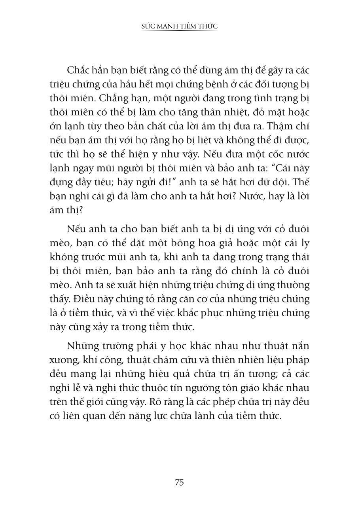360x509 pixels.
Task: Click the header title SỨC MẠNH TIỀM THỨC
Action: pos(180,26)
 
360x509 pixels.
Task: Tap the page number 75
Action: pos(179,482)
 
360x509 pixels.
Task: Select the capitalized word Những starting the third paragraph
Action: pos(81,346)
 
